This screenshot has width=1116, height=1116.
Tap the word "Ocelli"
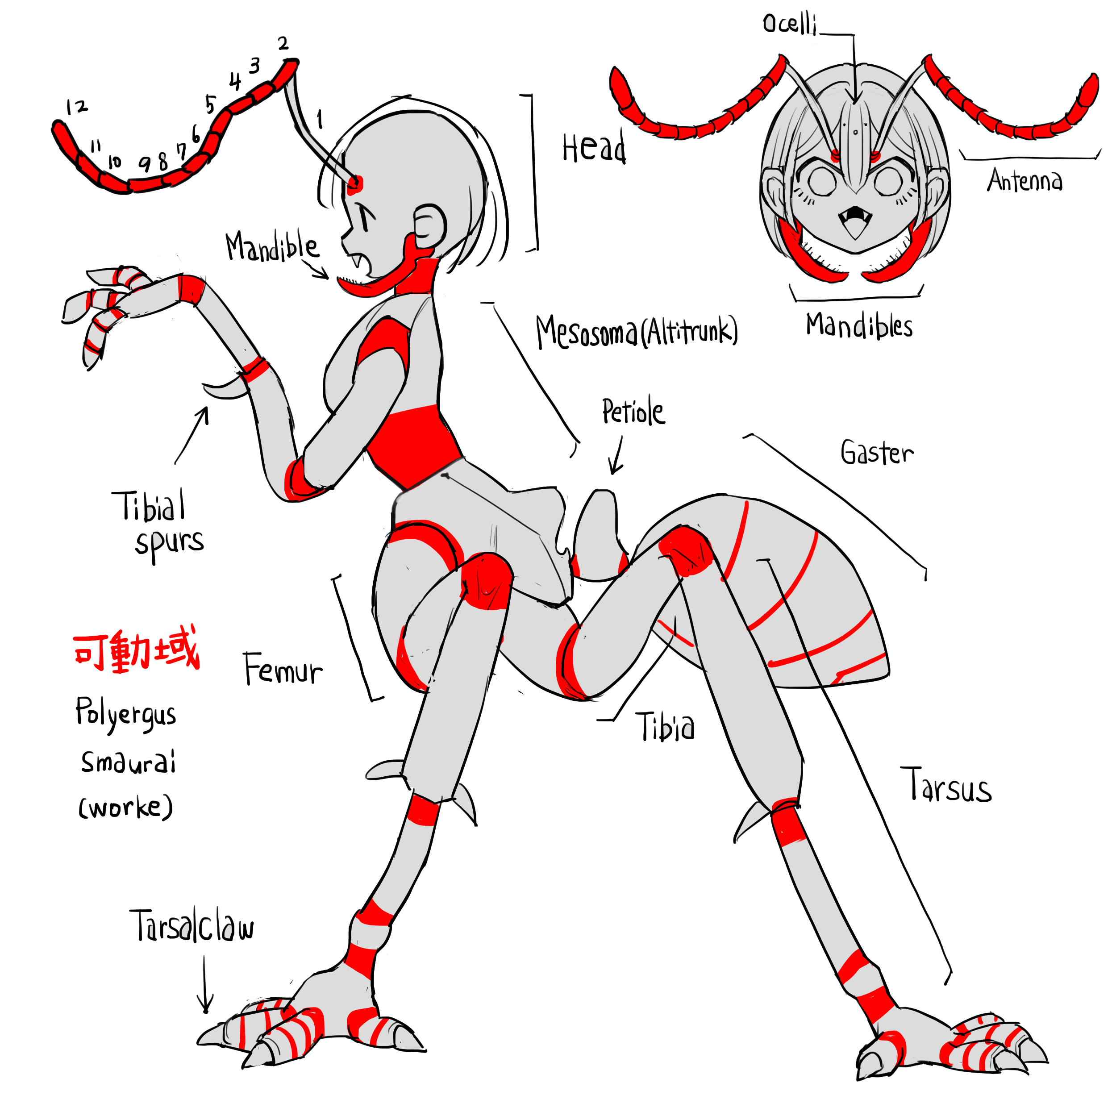[x=789, y=24]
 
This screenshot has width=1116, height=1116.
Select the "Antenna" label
[x=1024, y=180]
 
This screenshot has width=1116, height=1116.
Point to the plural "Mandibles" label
[x=859, y=326]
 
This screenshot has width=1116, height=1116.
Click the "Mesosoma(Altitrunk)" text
[x=637, y=332]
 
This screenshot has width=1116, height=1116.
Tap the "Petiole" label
[x=633, y=411]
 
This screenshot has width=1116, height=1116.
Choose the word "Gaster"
[x=877, y=452]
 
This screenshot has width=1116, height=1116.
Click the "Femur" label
[x=283, y=669]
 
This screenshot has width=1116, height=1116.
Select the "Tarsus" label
[x=945, y=784]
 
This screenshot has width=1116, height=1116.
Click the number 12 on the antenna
[x=76, y=107]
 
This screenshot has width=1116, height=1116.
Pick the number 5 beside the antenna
[x=210, y=104]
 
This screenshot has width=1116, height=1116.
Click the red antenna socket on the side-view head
[x=355, y=183]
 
